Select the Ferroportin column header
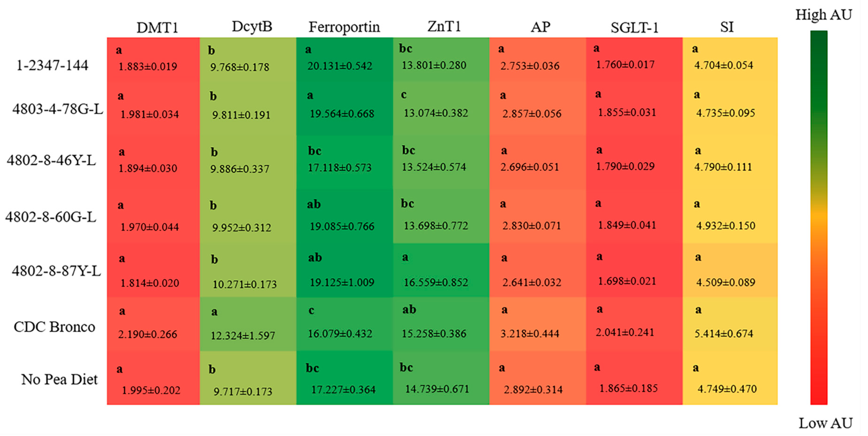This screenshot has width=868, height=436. [344, 27]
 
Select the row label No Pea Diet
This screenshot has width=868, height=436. [59, 380]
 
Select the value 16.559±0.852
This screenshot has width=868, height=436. [436, 282]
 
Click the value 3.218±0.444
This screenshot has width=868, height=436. [530, 334]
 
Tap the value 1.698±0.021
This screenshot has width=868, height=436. [627, 281]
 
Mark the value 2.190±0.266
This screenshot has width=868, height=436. [148, 335]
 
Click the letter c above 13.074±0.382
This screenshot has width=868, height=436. [404, 95]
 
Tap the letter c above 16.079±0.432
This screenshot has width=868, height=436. [311, 311]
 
